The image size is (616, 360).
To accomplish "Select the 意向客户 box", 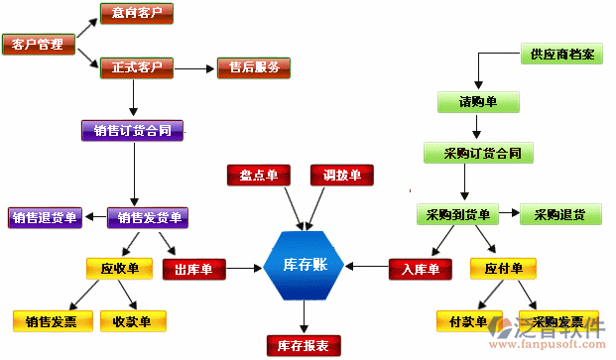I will point(137,14).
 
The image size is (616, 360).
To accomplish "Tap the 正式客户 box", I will point(137,67).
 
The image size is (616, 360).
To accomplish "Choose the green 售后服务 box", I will point(254,67).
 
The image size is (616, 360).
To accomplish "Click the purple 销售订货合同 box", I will point(132,130).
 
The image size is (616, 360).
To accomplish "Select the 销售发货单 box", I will point(147,217).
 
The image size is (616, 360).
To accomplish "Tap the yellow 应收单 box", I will point(119,268).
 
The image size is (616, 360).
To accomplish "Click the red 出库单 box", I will point(194,268).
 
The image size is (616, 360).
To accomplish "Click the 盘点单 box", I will point(259,176).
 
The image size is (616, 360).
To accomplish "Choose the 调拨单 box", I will point(341,176).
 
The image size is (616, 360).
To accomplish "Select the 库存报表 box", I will point(305,345).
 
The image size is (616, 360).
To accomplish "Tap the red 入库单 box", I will point(421,268).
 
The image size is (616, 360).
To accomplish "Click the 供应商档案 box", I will point(561,54).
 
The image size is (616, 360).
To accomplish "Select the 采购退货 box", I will point(559,214).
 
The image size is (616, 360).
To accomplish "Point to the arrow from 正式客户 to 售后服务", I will point(195,67).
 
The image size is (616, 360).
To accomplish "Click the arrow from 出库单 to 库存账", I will point(244,268).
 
